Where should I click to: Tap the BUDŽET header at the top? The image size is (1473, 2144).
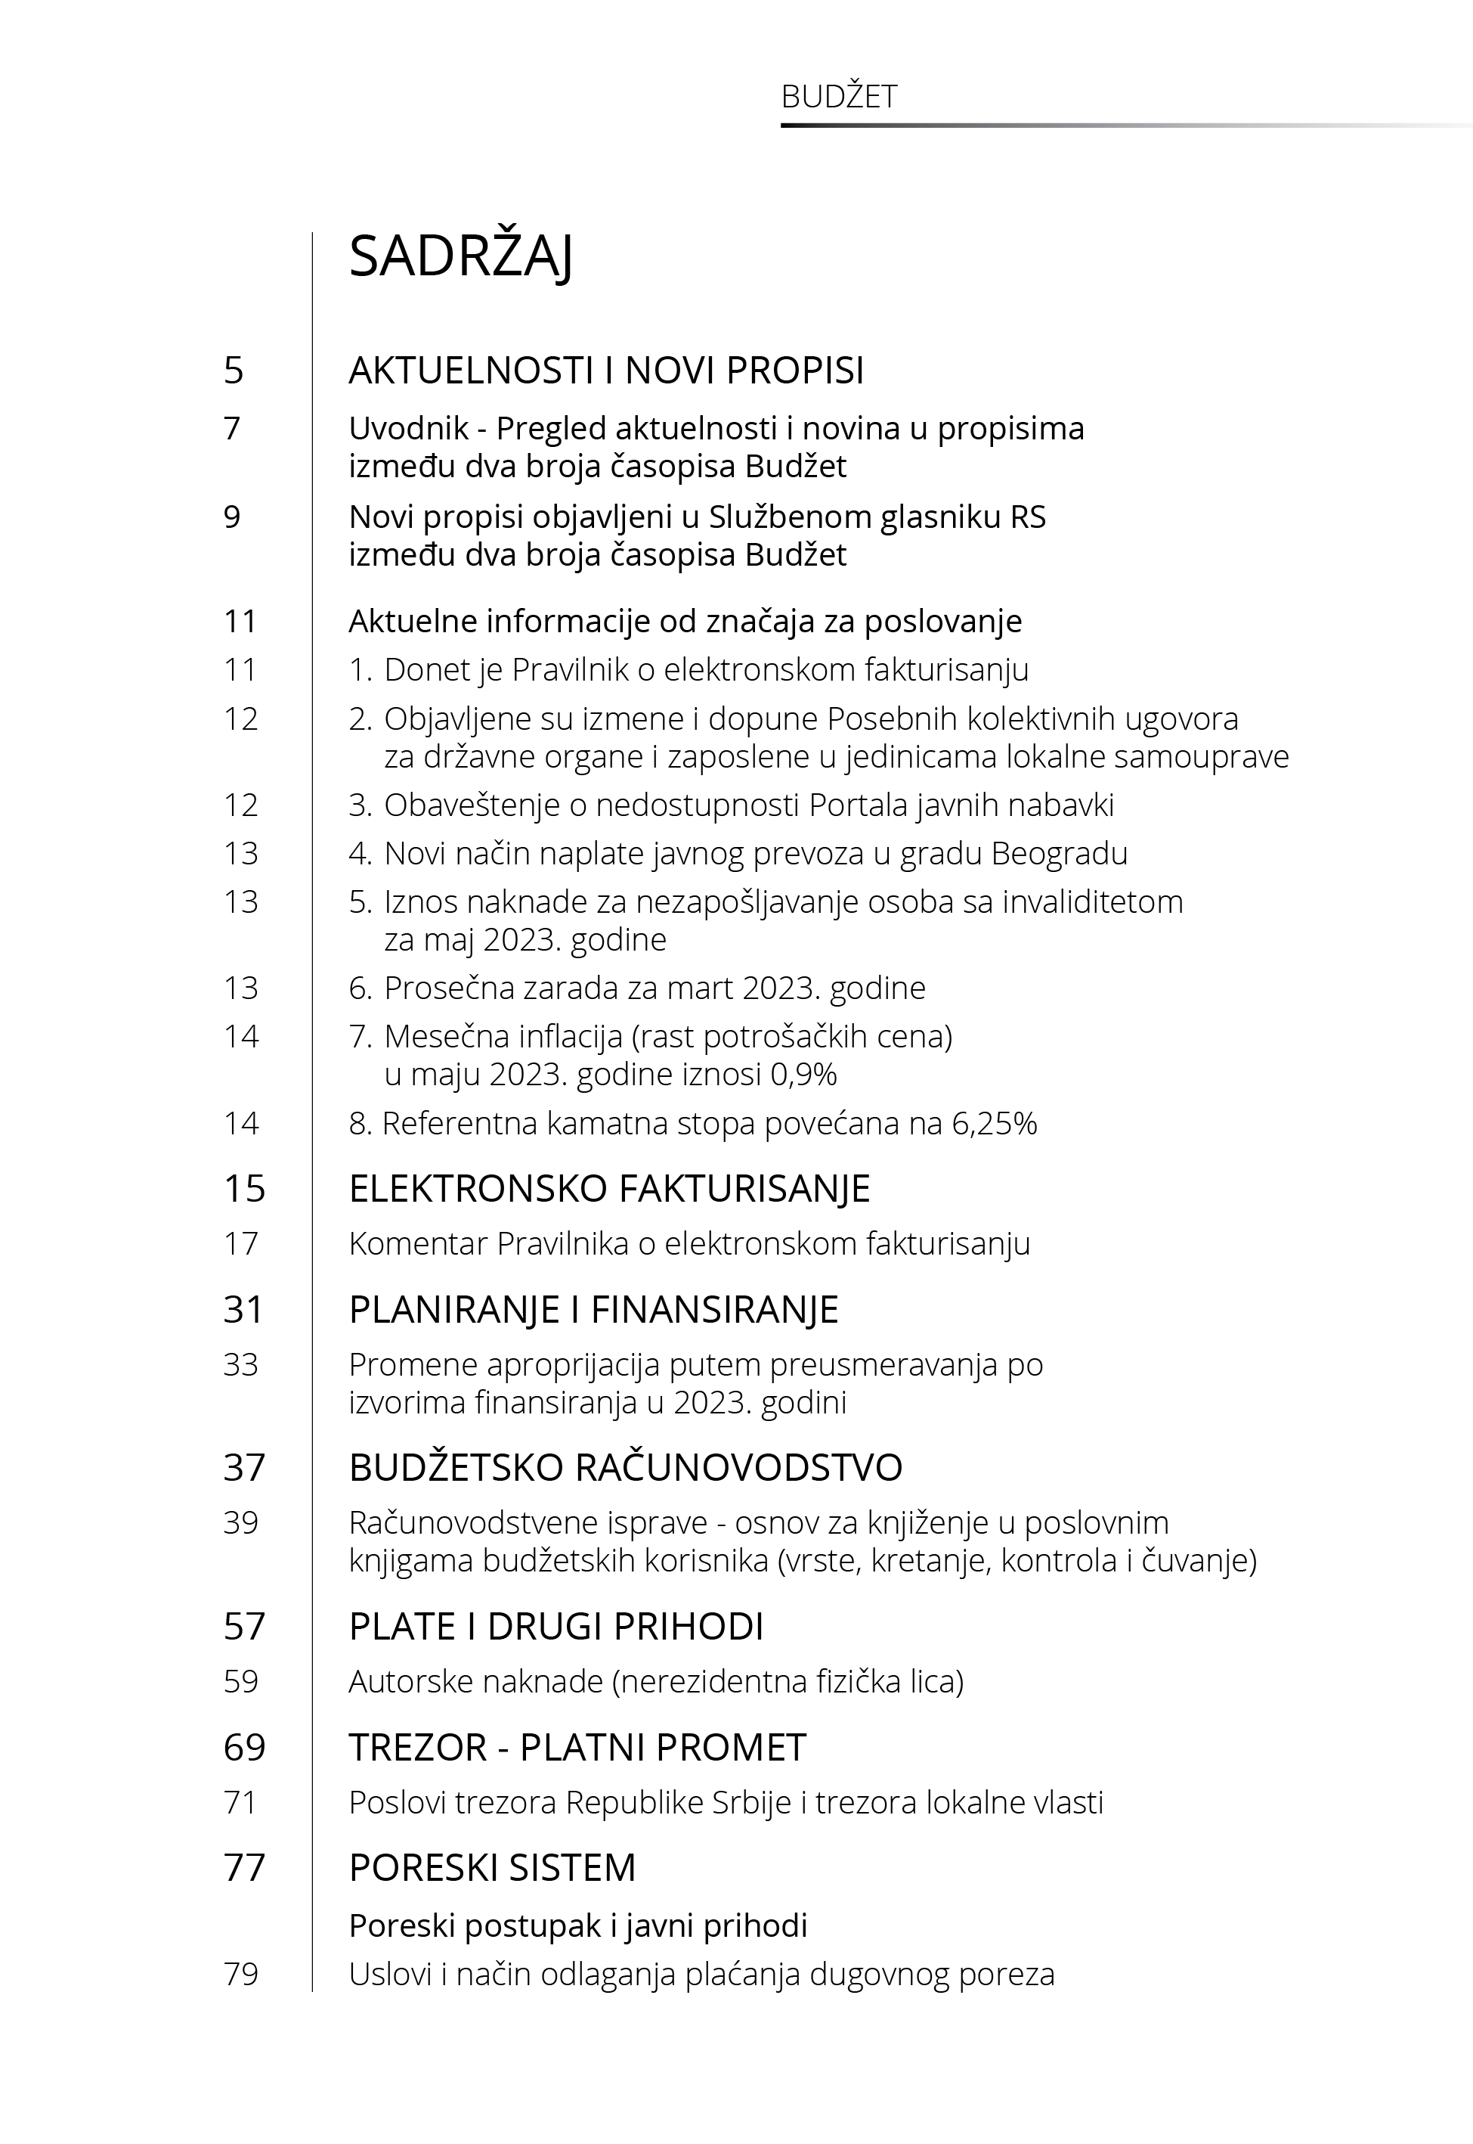838,97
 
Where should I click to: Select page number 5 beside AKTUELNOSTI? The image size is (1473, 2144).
234,371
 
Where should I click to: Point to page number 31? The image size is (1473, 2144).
243,1309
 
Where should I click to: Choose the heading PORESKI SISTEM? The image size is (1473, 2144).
492,1868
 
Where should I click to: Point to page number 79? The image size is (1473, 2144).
241,1974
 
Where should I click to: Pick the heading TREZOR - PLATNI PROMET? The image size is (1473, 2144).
577,1747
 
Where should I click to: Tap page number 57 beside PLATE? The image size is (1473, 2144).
243,1626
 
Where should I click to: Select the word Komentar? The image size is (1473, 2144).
417,1244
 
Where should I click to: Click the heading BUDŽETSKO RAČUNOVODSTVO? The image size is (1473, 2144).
625,1467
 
